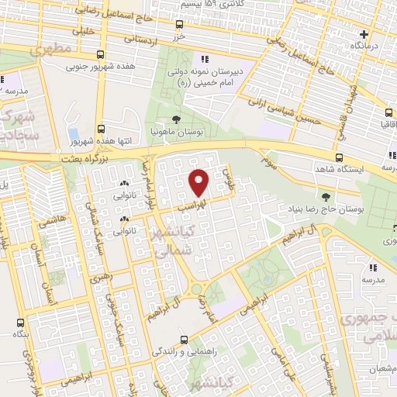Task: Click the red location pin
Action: [x=199, y=182]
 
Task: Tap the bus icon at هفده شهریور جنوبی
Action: [x=100, y=55]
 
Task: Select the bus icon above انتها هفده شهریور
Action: [x=100, y=129]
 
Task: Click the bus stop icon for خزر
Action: [x=181, y=24]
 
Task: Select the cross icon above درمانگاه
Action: [x=364, y=34]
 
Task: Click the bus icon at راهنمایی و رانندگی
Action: [x=184, y=340]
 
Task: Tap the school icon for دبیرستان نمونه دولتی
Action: [x=204, y=59]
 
